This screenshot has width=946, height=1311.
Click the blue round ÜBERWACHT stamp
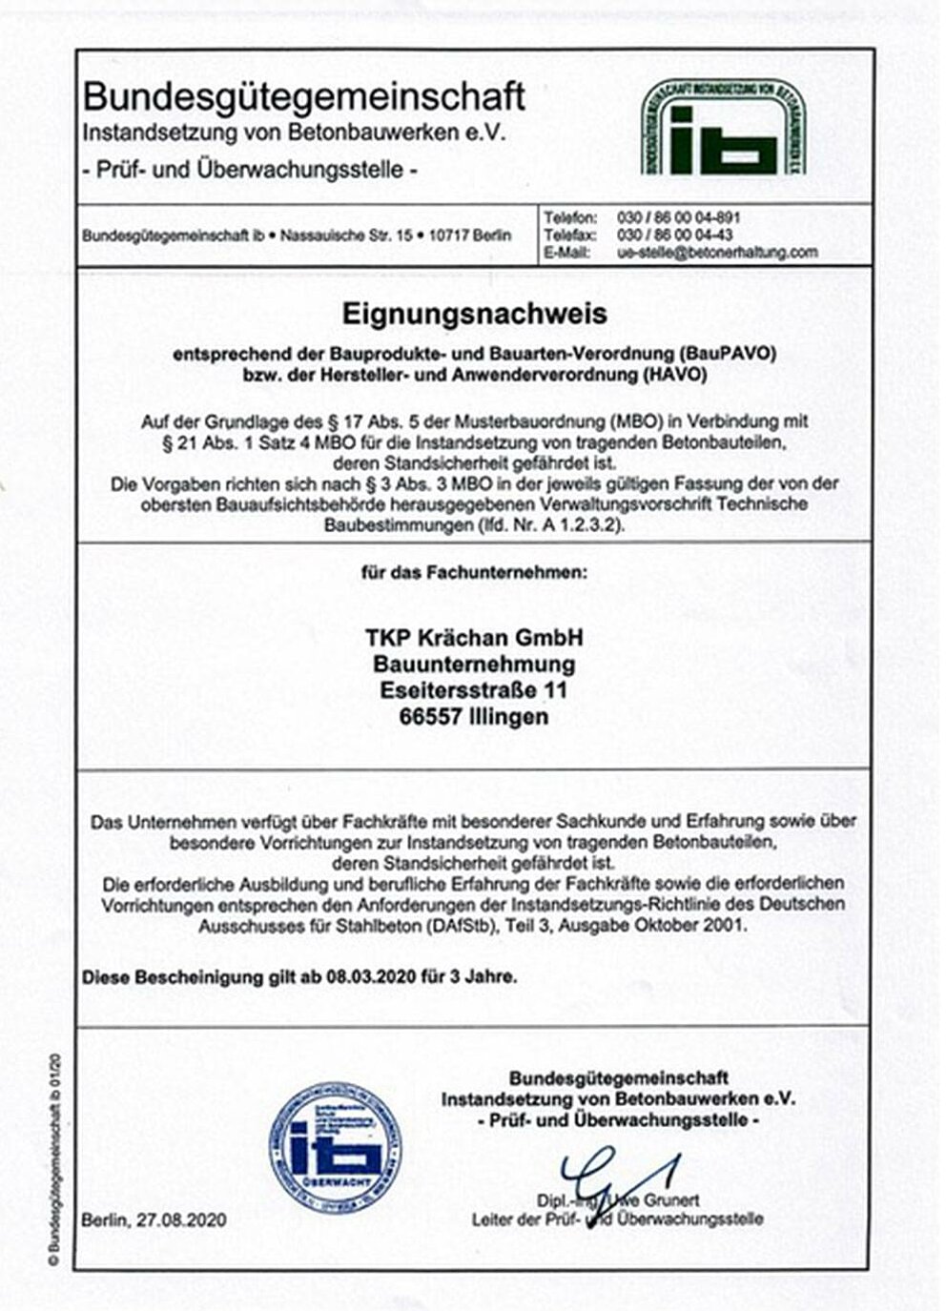tap(334, 1147)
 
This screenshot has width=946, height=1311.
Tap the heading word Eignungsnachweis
tap(474, 313)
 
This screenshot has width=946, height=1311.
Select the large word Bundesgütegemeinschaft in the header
tap(304, 96)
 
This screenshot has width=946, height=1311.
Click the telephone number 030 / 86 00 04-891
tap(678, 217)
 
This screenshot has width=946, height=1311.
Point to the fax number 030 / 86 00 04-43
tap(674, 235)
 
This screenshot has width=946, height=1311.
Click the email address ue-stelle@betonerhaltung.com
tap(717, 252)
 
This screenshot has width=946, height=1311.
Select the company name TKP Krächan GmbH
tap(474, 637)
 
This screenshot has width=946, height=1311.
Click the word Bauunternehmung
tap(474, 664)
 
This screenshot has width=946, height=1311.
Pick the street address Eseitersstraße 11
tap(474, 689)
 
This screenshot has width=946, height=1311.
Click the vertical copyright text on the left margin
tap(53, 1158)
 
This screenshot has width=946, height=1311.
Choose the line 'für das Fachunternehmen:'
tap(474, 573)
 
